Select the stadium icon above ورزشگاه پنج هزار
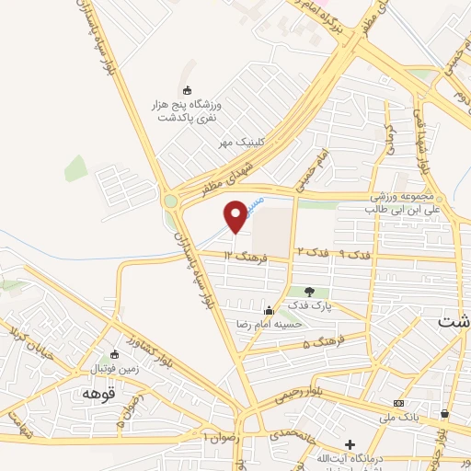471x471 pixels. [x=189, y=90]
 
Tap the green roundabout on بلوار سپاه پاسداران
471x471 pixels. [x=170, y=200]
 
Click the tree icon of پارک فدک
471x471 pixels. [x=309, y=292]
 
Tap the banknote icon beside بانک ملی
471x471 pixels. [x=398, y=403]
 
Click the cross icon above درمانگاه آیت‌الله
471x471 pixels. [x=349, y=446]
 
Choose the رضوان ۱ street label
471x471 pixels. [x=223, y=435]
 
